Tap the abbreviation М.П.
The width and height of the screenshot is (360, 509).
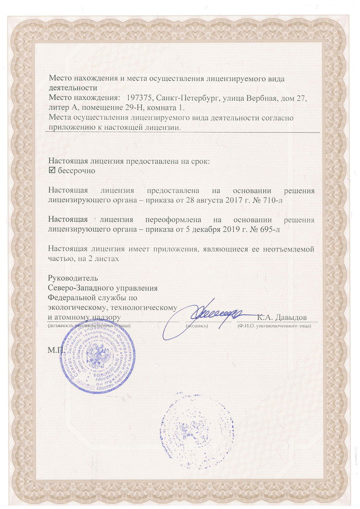point(54,351)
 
